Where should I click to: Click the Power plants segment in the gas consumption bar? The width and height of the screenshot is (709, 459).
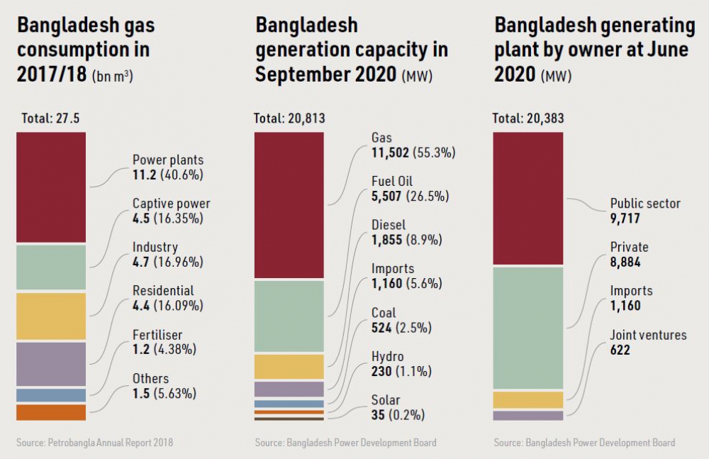coord(51,187)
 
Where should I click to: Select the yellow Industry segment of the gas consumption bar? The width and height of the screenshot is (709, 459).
coord(51,316)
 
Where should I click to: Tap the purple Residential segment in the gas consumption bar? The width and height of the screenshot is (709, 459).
coord(51,363)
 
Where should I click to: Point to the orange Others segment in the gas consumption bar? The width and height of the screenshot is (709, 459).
coord(51,412)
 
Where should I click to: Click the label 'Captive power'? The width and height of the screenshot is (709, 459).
coord(171,204)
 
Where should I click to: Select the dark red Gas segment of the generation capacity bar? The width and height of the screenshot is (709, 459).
coord(289,206)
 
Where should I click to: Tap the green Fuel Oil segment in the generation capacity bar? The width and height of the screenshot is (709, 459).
coord(289,316)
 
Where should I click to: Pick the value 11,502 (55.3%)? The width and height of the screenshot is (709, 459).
coord(413,152)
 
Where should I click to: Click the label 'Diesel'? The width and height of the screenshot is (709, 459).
coord(389,226)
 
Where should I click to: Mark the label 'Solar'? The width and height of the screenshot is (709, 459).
coord(386,401)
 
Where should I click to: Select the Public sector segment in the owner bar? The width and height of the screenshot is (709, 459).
coord(527,199)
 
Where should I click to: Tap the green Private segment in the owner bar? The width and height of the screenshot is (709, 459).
coord(527,328)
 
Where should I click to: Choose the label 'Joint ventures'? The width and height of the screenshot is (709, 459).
coord(648,335)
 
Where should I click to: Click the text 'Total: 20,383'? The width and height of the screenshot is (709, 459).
coord(528,118)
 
